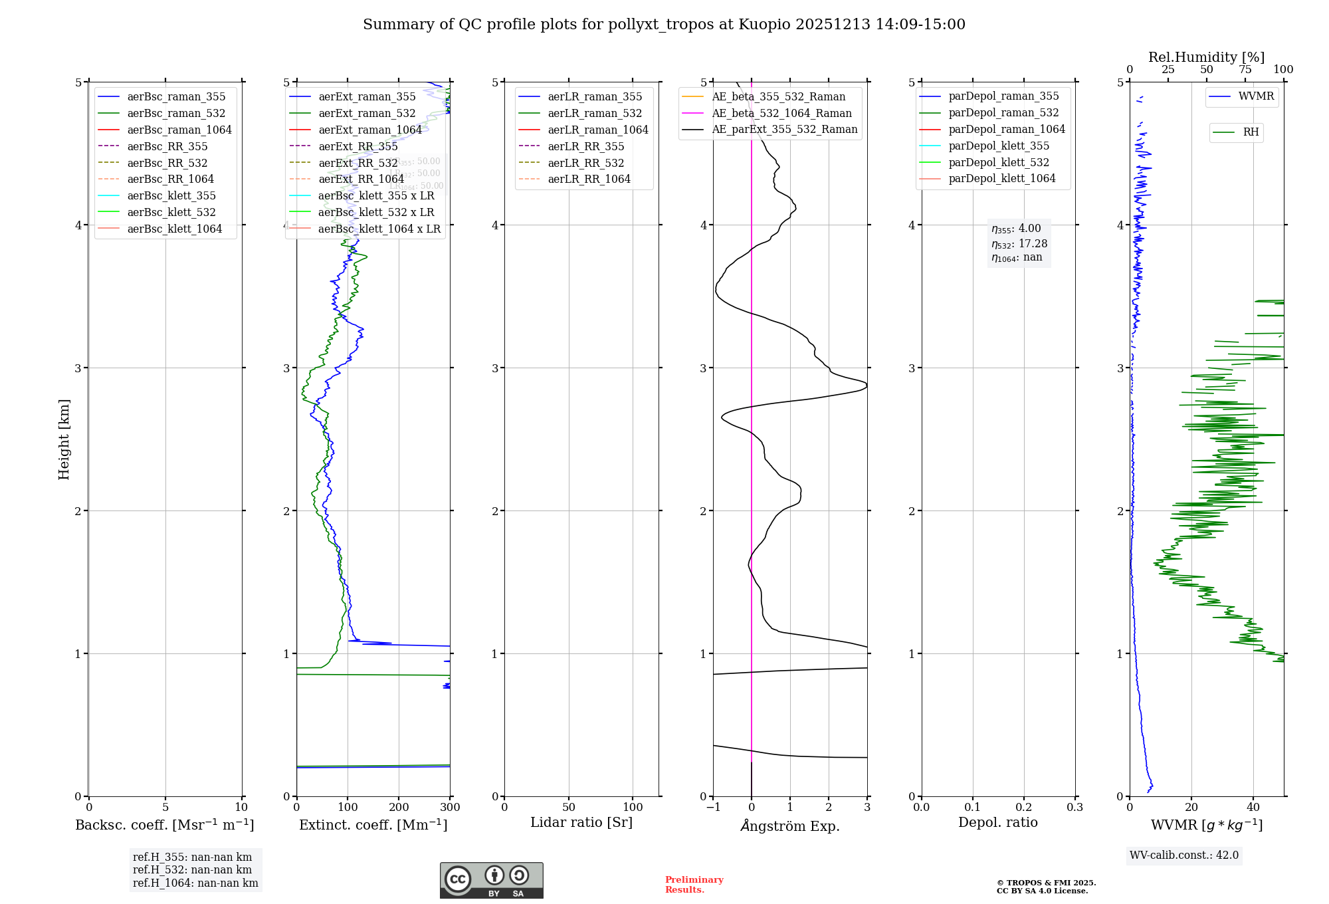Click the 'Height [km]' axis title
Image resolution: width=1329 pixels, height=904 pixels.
coord(64,439)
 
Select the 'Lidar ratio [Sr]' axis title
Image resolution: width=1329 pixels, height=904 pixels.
coord(581,822)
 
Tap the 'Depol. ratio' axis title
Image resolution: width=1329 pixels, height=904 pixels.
coord(997,822)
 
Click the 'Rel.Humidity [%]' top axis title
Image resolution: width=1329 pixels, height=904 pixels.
coord(1206,57)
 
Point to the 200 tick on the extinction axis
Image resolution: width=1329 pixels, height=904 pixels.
coord(399,807)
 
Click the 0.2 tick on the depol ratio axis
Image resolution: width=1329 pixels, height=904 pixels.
coord(1024,807)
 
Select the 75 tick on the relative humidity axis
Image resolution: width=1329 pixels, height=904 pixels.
coord(1245,70)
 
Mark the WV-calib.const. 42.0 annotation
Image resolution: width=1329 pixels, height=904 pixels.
coord(1184,855)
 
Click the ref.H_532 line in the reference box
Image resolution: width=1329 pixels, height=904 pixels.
coord(192,869)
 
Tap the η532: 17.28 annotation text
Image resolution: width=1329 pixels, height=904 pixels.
coord(1019,244)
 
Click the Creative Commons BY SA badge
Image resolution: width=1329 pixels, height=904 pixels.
coord(491,880)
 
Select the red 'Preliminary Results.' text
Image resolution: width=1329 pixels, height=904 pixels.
coord(694,884)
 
